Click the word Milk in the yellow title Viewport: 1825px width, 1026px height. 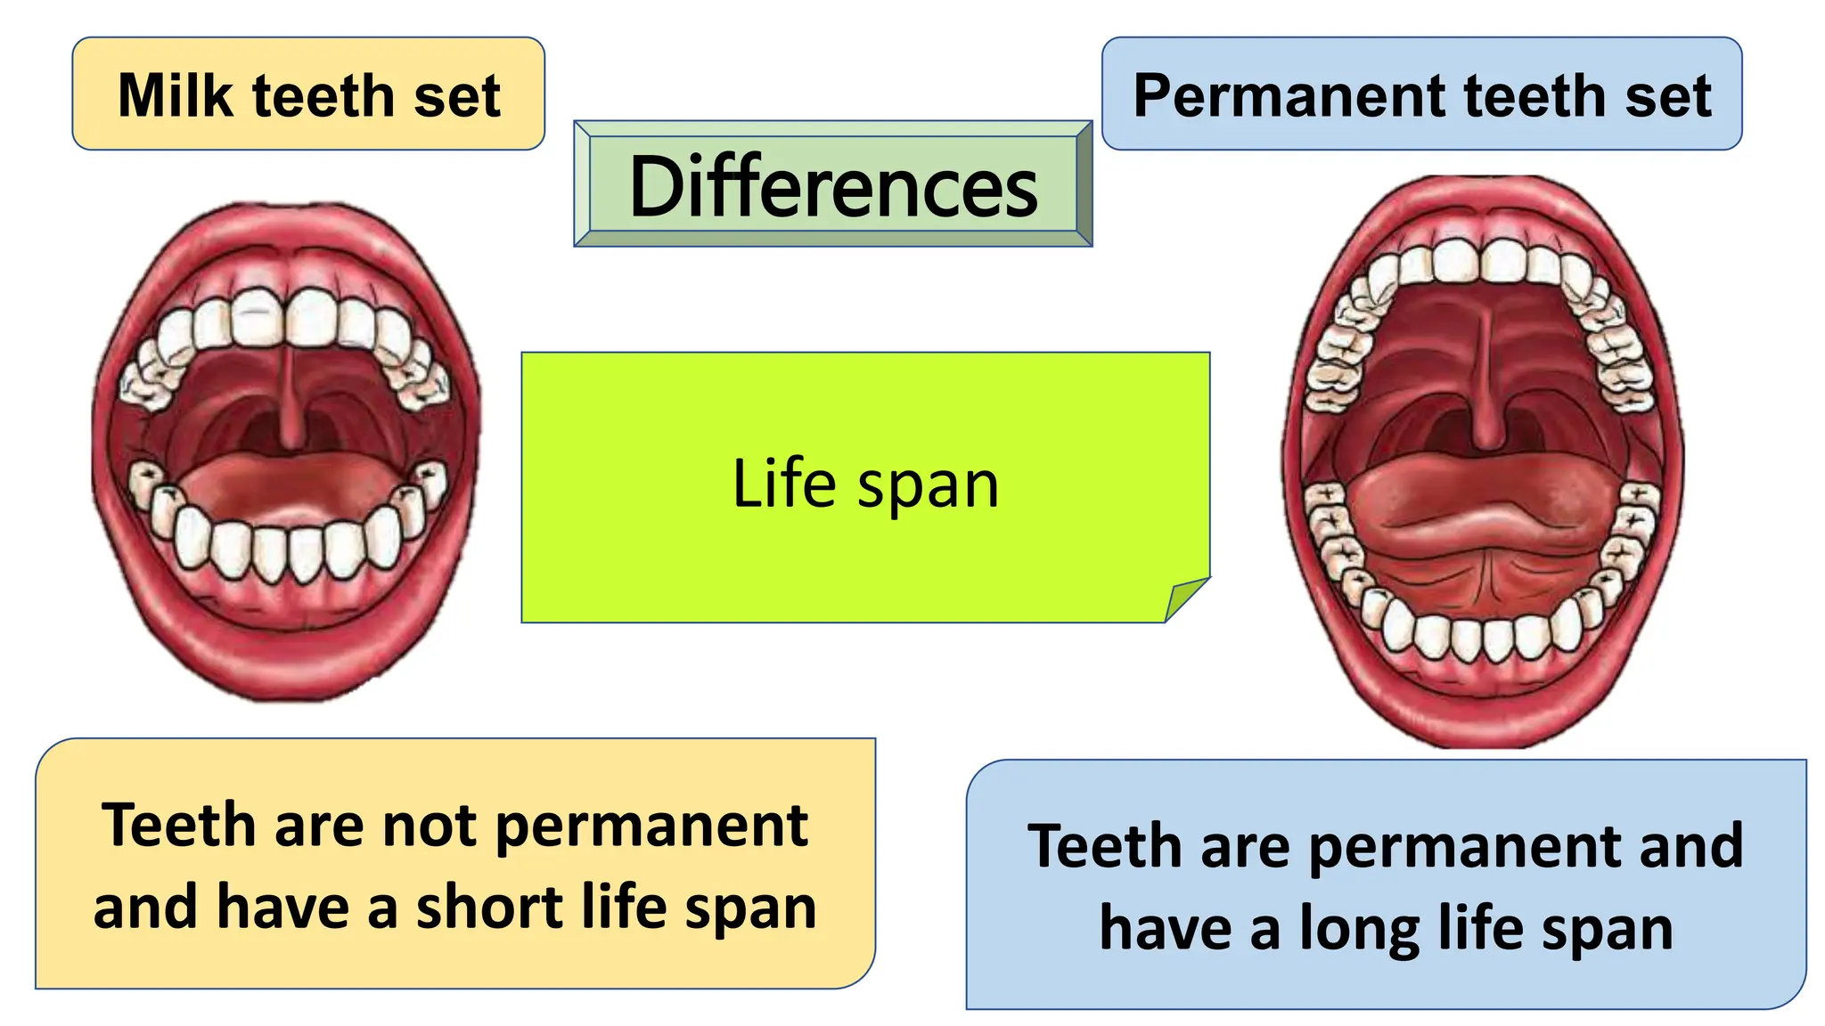pos(175,95)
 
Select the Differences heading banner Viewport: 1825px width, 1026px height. pos(833,185)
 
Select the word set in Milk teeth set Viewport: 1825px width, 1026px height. pos(456,95)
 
